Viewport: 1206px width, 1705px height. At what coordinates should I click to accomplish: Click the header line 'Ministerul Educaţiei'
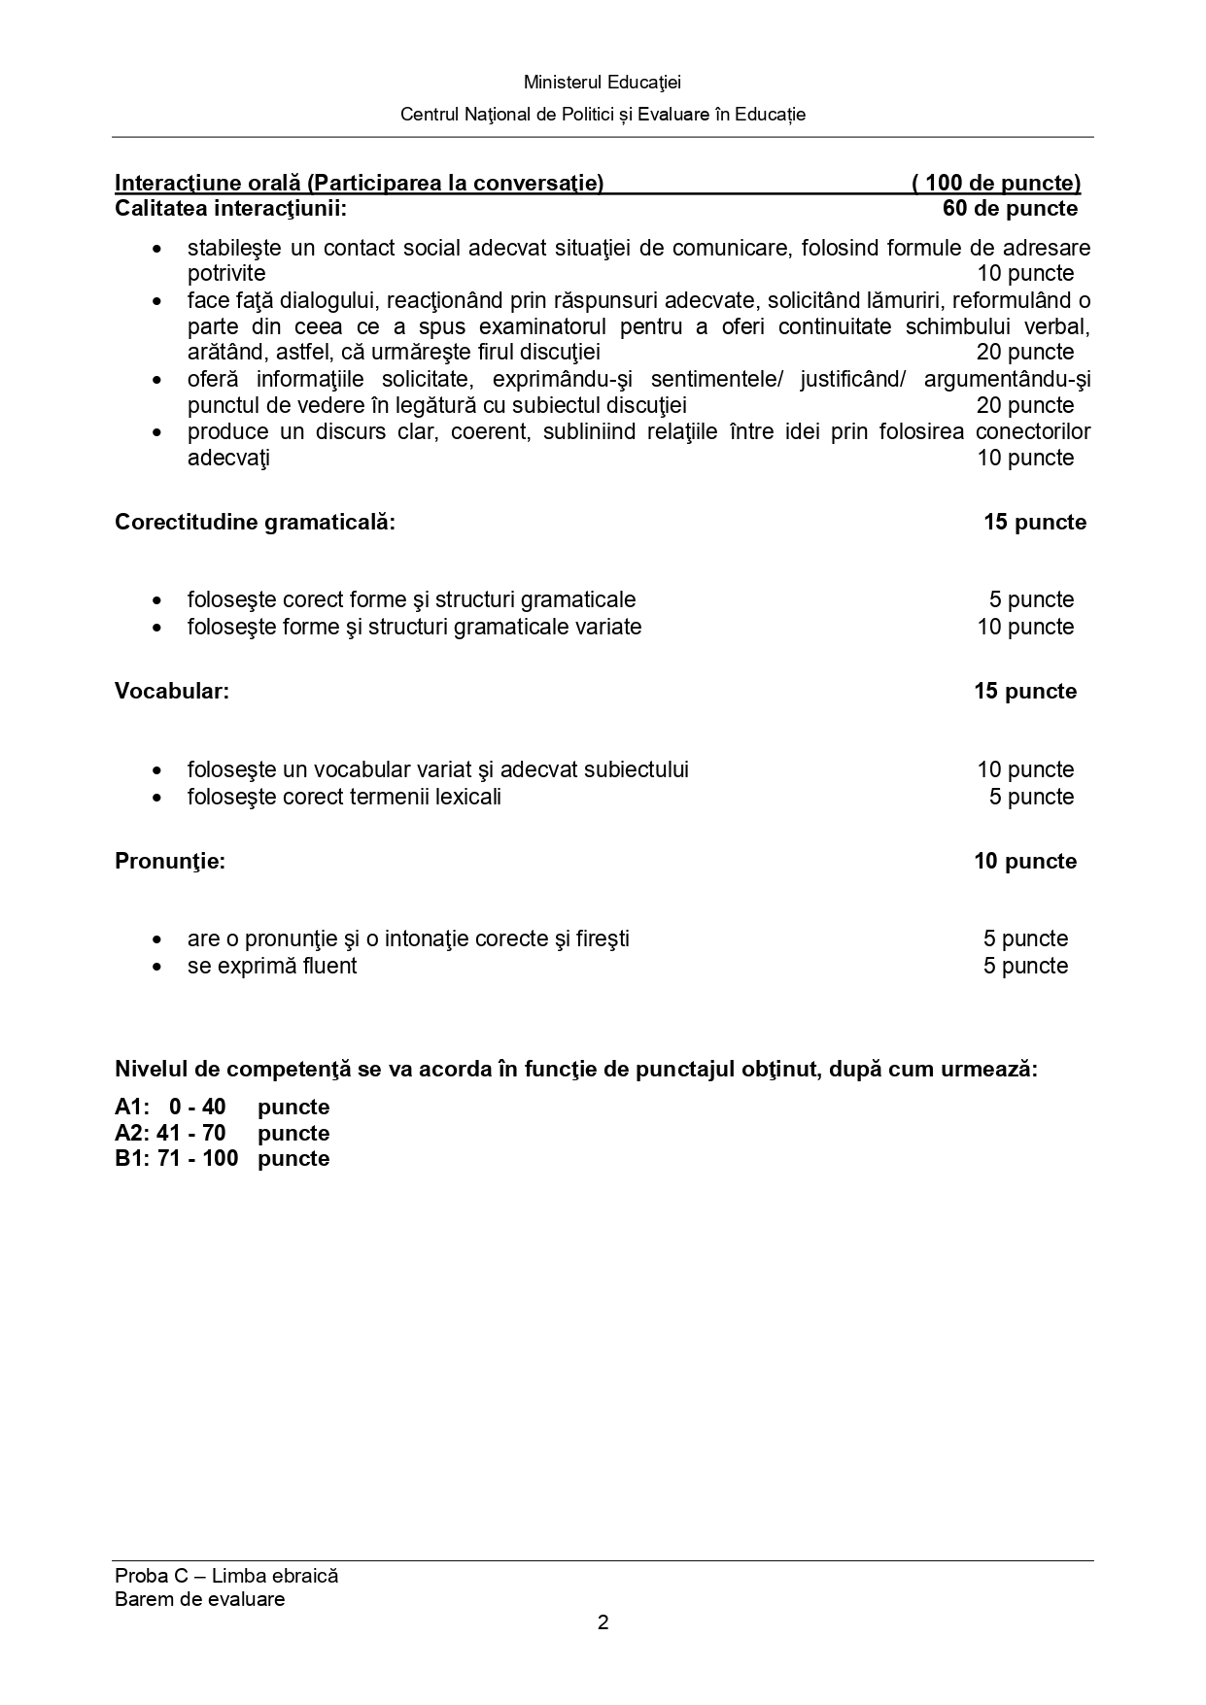point(603,83)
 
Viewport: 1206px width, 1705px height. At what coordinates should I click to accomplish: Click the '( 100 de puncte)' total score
point(996,183)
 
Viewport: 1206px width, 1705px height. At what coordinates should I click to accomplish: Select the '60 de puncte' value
point(1010,208)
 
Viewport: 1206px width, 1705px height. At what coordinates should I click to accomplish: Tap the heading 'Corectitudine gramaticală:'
point(255,522)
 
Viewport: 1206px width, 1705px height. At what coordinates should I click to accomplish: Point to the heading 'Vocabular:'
point(172,691)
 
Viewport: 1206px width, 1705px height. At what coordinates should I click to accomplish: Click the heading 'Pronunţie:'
point(170,861)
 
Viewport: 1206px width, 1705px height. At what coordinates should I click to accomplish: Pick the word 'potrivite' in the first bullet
point(226,273)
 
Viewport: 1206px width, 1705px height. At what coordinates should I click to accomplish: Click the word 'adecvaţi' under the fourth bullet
point(228,458)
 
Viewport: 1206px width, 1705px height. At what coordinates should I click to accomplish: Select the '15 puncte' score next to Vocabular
point(1025,691)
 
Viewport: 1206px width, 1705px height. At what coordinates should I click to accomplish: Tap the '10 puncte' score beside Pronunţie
point(1025,861)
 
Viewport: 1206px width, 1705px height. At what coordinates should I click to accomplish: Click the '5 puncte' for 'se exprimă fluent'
point(1025,966)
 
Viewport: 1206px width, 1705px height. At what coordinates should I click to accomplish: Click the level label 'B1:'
point(131,1158)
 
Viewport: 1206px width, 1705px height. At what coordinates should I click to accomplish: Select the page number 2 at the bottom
point(603,1622)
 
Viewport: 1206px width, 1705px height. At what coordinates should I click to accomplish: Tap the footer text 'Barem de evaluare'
point(199,1599)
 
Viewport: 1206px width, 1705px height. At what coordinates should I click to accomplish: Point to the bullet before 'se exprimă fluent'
point(157,967)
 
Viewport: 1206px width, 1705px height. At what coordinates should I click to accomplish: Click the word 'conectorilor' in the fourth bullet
point(1033,431)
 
